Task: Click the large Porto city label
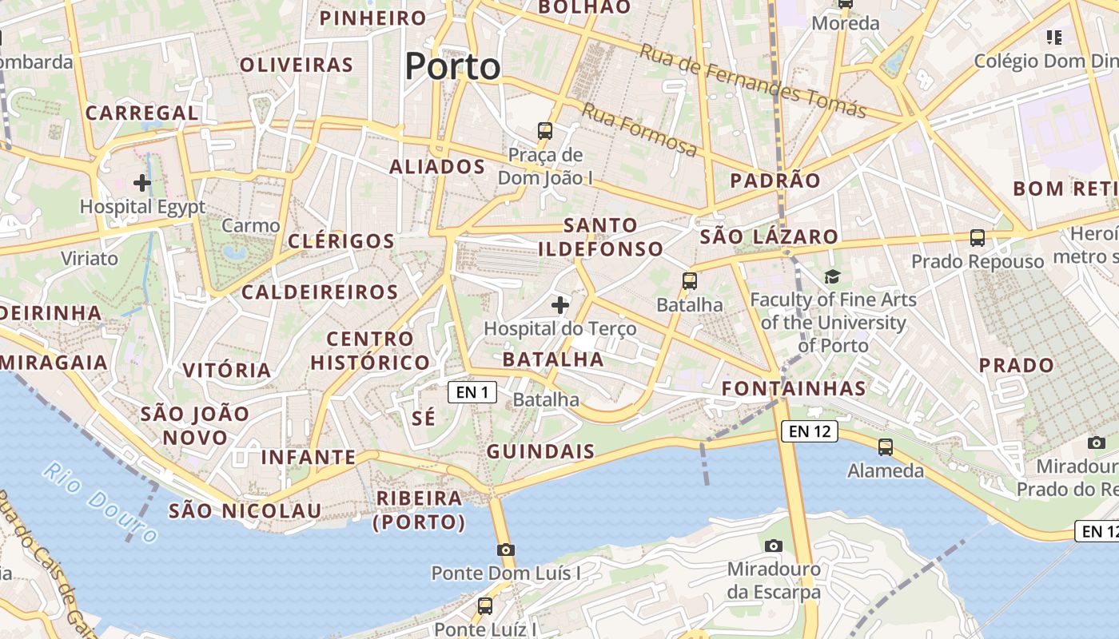coord(452,66)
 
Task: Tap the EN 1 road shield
coord(472,391)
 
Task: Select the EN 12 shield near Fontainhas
coord(809,432)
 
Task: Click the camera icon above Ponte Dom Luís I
coord(505,550)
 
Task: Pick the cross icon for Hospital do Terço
coord(560,305)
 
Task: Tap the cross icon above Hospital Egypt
coord(142,183)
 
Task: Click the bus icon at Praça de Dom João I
coord(545,130)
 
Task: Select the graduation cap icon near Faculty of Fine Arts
coord(832,276)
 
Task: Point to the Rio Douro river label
coord(100,502)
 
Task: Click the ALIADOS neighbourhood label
coord(437,167)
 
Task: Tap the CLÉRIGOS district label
coord(341,241)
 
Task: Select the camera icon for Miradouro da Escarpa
coord(773,546)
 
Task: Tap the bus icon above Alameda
coord(885,447)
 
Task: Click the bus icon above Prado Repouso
coord(977,237)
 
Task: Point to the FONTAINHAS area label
coord(794,389)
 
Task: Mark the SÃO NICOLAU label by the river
coord(245,510)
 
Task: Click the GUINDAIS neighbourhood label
coord(541,451)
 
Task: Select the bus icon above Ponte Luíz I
coord(485,605)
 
